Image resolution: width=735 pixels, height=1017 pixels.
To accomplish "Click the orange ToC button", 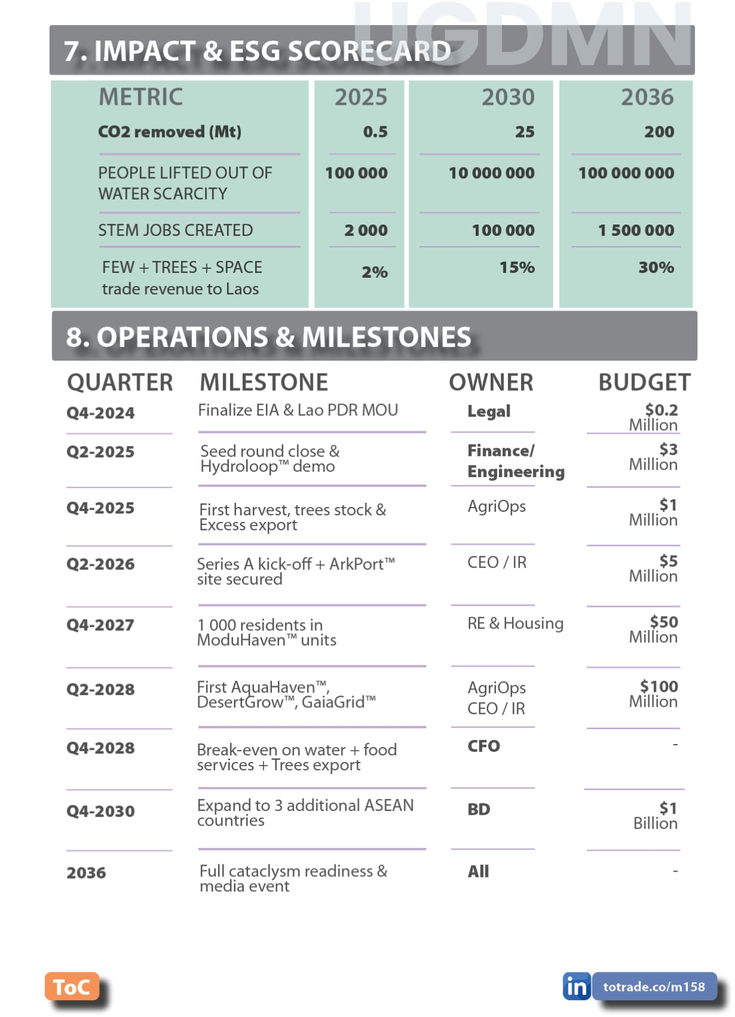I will pyautogui.click(x=71, y=987).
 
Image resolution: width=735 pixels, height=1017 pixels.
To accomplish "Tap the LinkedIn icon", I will pyautogui.click(x=576, y=986).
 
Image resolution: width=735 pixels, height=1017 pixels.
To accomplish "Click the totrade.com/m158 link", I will pyautogui.click(x=654, y=986).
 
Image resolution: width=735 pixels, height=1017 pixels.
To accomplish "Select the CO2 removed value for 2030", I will pyautogui.click(x=524, y=132).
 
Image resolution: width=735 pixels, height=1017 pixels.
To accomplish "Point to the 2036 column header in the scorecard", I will pyautogui.click(x=647, y=97).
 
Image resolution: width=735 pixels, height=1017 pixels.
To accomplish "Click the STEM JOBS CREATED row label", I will pyautogui.click(x=176, y=230).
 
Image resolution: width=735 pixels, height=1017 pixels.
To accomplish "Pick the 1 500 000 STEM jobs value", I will pyautogui.click(x=636, y=230).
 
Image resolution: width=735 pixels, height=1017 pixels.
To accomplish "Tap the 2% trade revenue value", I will pyautogui.click(x=374, y=272).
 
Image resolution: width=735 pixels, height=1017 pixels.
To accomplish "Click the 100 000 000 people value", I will pyautogui.click(x=625, y=173).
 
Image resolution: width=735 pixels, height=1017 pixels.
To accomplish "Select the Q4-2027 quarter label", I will pyautogui.click(x=100, y=625).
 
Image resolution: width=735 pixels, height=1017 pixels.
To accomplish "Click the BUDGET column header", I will pyautogui.click(x=644, y=382).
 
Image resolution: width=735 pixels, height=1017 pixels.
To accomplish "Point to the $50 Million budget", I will pyautogui.click(x=655, y=629).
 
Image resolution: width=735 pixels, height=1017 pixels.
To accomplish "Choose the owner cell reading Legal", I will pyautogui.click(x=489, y=411).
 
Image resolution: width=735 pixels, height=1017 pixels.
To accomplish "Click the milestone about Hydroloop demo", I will pyautogui.click(x=270, y=459).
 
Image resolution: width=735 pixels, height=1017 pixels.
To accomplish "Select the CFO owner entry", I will pyautogui.click(x=483, y=746).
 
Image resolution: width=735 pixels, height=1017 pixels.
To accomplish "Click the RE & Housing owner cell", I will pyautogui.click(x=515, y=623).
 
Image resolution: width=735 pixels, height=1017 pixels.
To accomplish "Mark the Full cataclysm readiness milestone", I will pyautogui.click(x=293, y=878).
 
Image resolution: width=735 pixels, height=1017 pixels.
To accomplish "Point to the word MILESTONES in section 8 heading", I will pyautogui.click(x=386, y=337).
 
